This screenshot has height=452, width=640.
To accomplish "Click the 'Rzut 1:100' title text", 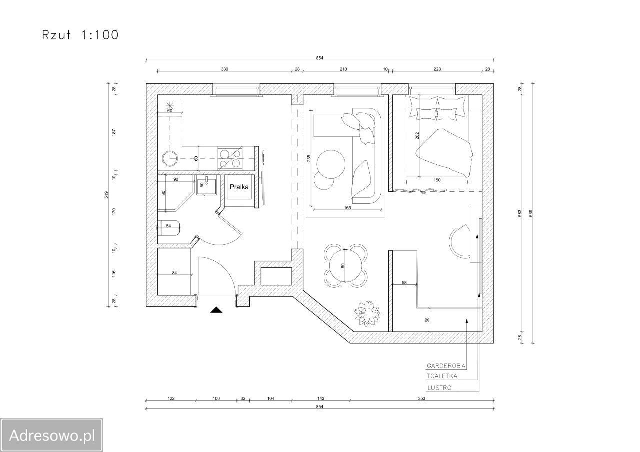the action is click(x=80, y=35).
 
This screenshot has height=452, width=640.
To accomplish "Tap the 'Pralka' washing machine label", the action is click(x=239, y=187).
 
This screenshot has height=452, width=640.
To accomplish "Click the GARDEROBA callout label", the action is click(x=446, y=366).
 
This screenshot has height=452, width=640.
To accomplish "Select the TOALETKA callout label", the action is click(x=442, y=376).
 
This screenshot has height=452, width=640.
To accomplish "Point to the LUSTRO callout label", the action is click(x=439, y=388).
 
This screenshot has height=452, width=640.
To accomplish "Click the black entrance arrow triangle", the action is click(x=216, y=310).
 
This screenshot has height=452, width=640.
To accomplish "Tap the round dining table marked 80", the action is click(x=345, y=265).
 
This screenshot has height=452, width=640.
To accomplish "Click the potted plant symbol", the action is click(x=367, y=313).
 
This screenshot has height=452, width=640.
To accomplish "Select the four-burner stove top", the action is click(x=230, y=159).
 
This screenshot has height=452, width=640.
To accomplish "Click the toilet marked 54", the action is click(x=169, y=227).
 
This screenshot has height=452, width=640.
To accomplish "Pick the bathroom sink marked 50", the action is click(x=206, y=185).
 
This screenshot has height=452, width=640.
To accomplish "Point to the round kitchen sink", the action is click(x=170, y=158).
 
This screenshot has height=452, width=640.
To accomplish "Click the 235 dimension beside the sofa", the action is click(x=309, y=158).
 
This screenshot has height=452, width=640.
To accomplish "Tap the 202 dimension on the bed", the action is click(x=417, y=135).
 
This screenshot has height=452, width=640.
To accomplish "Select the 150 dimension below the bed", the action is click(x=437, y=180).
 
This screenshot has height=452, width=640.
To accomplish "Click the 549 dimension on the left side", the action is click(x=106, y=195).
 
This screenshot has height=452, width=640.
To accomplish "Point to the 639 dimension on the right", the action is click(x=531, y=213).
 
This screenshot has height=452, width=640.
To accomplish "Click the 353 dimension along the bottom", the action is click(x=421, y=399).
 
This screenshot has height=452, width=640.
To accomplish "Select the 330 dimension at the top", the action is click(x=225, y=69).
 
